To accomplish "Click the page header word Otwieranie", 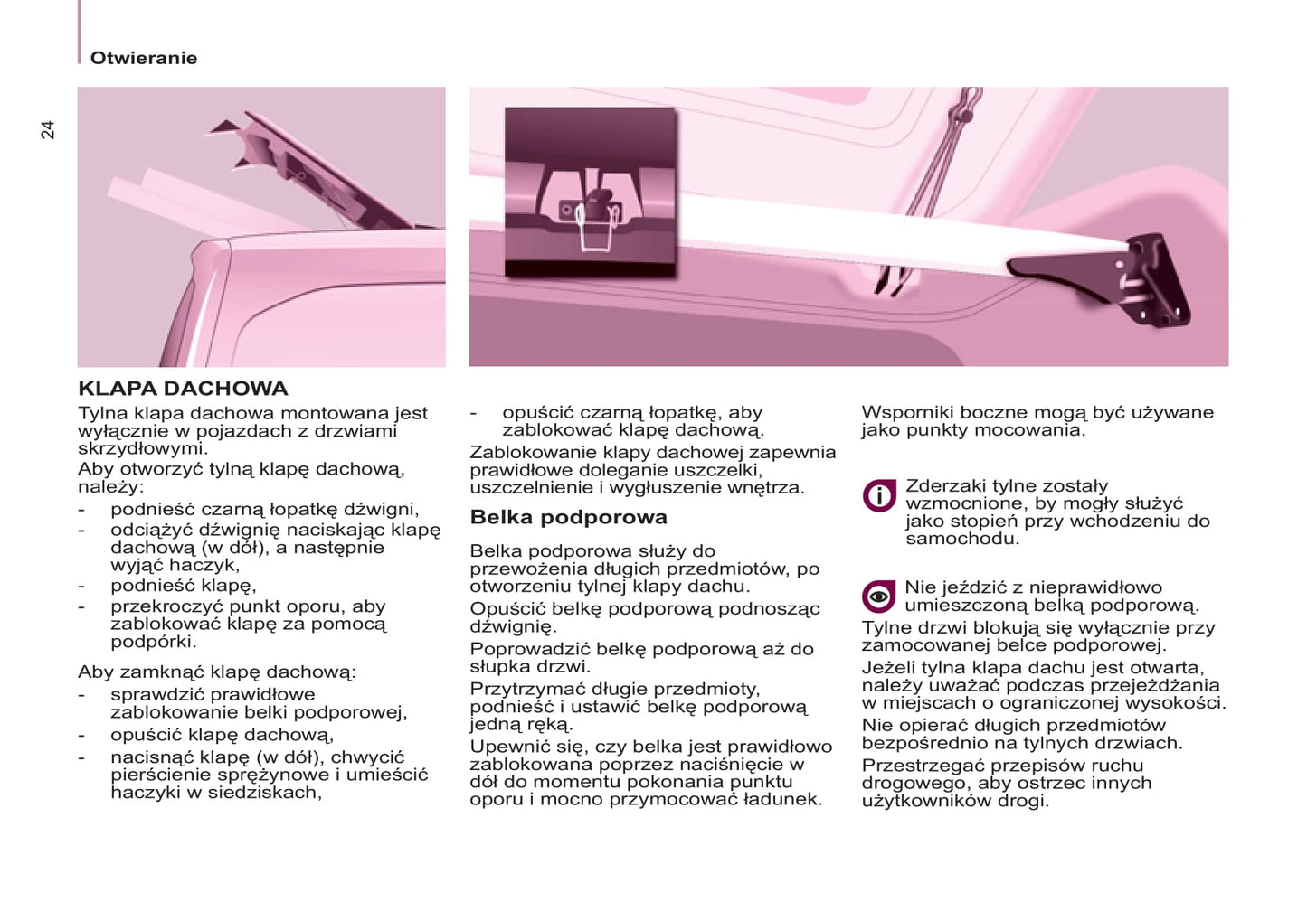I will coord(143,58).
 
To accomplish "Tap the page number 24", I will coord(48,130).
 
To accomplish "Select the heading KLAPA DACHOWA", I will coord(183,389).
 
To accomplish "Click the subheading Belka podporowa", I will coord(568,517).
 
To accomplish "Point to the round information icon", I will coord(878,495).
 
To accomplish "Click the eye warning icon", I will coord(878,597).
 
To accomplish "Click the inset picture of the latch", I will coord(590,192).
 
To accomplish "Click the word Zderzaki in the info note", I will coord(945,486).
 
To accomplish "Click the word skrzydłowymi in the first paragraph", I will coord(142,448).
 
